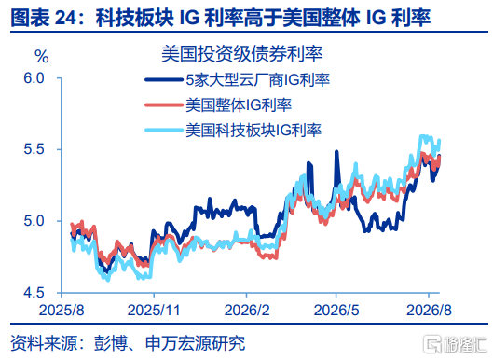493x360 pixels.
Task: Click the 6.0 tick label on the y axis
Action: click(34, 78)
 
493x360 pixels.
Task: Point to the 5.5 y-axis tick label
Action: click(34, 149)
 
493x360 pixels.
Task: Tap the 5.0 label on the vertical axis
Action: click(34, 221)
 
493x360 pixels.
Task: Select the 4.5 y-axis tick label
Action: click(34, 293)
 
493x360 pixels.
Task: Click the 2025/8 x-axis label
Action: click(62, 311)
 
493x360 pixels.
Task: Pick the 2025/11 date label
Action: click(154, 311)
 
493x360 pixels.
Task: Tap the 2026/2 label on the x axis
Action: click(247, 311)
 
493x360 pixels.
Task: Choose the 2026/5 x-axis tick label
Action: click(336, 311)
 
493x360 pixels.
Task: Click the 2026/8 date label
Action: click(429, 311)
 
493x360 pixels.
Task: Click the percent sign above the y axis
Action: click(42, 57)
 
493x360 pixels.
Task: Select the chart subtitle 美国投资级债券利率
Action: click(241, 54)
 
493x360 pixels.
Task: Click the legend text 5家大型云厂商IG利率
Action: click(257, 80)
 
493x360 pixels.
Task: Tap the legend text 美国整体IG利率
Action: click(239, 105)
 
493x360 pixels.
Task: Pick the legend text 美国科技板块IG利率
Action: click(253, 130)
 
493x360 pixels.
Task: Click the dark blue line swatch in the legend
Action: click(164, 80)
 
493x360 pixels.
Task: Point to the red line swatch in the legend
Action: click(164, 105)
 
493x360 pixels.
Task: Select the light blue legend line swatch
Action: click(164, 130)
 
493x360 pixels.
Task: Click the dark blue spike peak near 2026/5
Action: click(336, 152)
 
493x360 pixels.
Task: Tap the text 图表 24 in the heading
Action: click(44, 18)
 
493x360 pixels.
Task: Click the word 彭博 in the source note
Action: click(110, 343)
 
